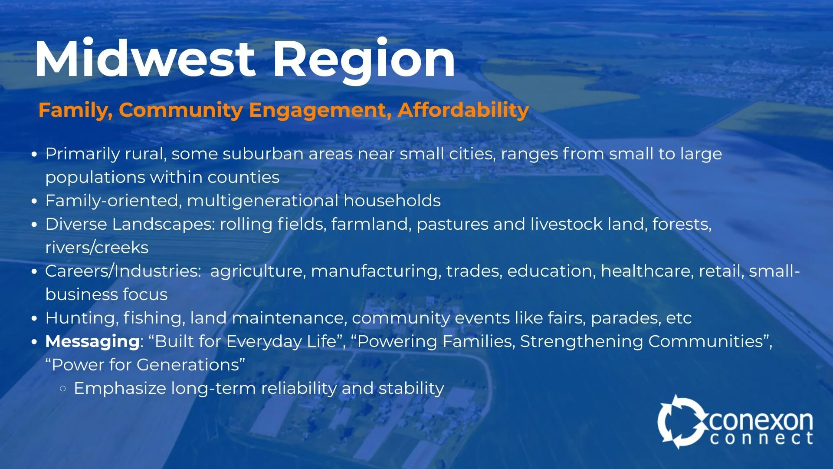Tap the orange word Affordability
click(x=463, y=110)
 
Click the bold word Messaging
click(x=92, y=341)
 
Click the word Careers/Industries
click(x=123, y=271)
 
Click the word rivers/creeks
click(x=97, y=248)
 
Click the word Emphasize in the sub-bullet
click(x=120, y=388)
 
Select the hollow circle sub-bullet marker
click(x=63, y=389)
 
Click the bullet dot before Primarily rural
click(x=35, y=155)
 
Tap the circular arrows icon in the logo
click(x=680, y=422)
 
